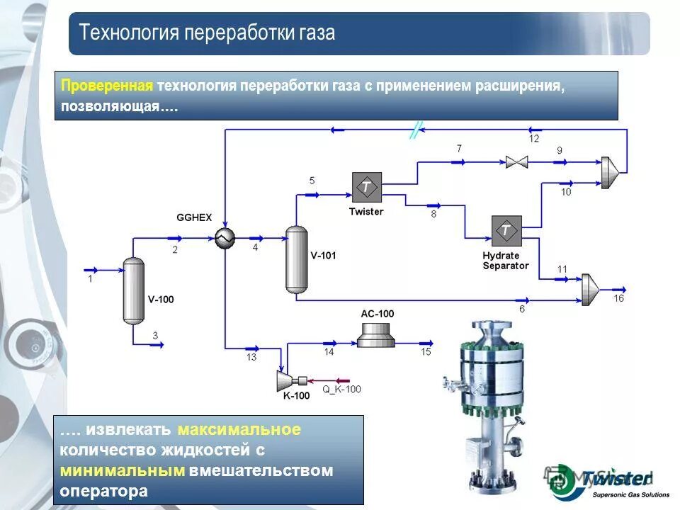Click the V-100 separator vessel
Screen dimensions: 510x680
pos(133,290)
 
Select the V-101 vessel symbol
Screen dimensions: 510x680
pos(296,259)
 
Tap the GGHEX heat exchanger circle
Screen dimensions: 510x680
pos(225,239)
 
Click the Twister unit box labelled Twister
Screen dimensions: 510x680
pos(366,187)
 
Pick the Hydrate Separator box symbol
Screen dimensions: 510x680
pos(506,231)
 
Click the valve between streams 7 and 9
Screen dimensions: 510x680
pos(516,162)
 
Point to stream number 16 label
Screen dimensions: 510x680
pos(618,298)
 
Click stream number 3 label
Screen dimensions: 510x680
pos(155,334)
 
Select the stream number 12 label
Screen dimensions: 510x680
pos(533,138)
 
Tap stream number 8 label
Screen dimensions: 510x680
pos(433,214)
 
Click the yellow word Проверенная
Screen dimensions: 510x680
pos(107,86)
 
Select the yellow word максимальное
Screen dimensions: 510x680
pos(239,429)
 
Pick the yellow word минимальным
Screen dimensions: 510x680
pos(122,471)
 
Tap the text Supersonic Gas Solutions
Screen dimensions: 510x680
pos(630,494)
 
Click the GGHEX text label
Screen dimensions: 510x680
pos(194,217)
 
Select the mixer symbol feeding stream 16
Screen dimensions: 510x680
pos(589,289)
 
